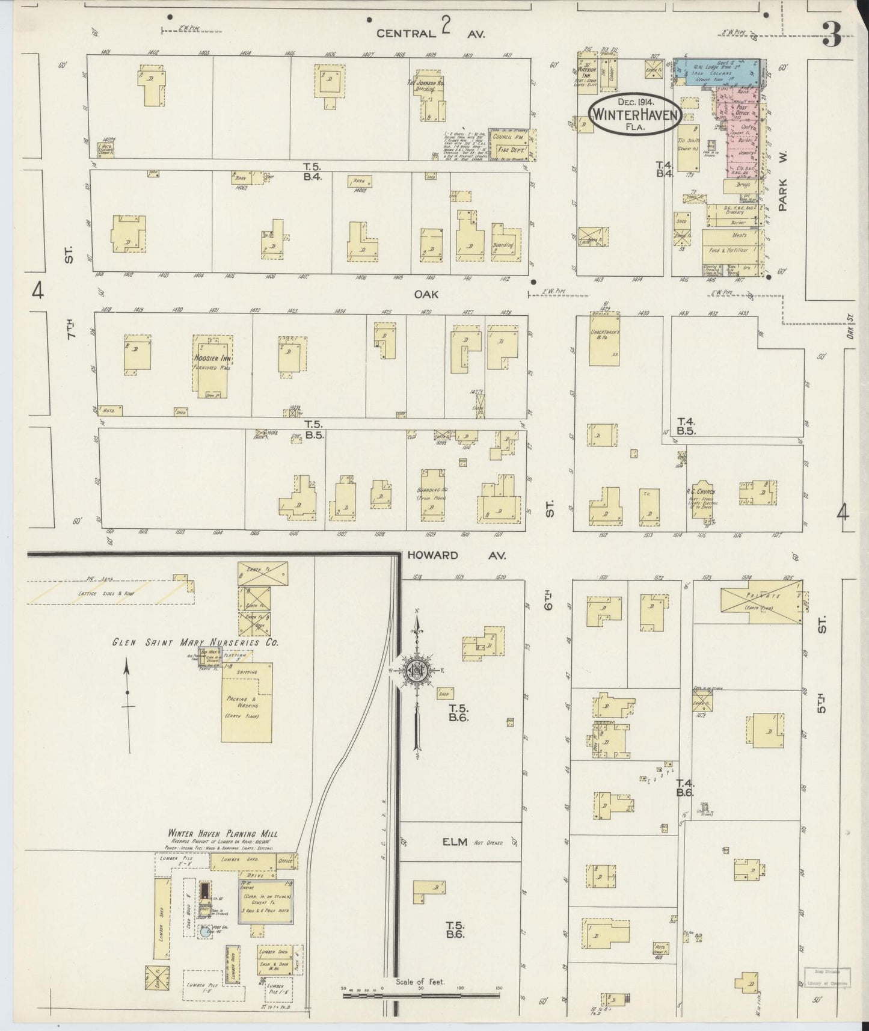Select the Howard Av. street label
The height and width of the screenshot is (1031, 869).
pyautogui.click(x=456, y=555)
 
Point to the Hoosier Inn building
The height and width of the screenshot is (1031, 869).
pyautogui.click(x=212, y=366)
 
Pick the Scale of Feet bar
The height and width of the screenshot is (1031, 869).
pyautogui.click(x=420, y=996)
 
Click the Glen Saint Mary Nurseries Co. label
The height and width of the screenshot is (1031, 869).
pyautogui.click(x=195, y=642)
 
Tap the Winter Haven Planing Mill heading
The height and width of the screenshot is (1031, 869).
pyautogui.click(x=223, y=834)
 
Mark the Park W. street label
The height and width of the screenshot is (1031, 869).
pyautogui.click(x=783, y=180)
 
